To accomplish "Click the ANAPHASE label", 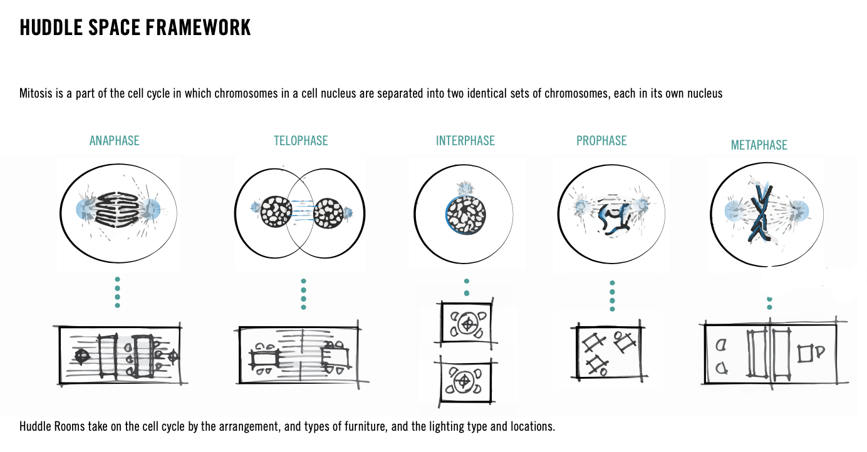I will pyautogui.click(x=114, y=141).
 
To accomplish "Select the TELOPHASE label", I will pyautogui.click(x=301, y=141).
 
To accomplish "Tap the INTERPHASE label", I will pyautogui.click(x=465, y=141).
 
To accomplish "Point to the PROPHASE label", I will pyautogui.click(x=601, y=141).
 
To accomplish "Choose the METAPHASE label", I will pyautogui.click(x=759, y=145).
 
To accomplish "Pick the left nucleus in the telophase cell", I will pyautogui.click(x=276, y=212).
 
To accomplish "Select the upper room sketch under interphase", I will pyautogui.click(x=466, y=323).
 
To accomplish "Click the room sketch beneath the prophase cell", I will pyautogui.click(x=608, y=352).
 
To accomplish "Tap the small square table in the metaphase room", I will pyautogui.click(x=805, y=354).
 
